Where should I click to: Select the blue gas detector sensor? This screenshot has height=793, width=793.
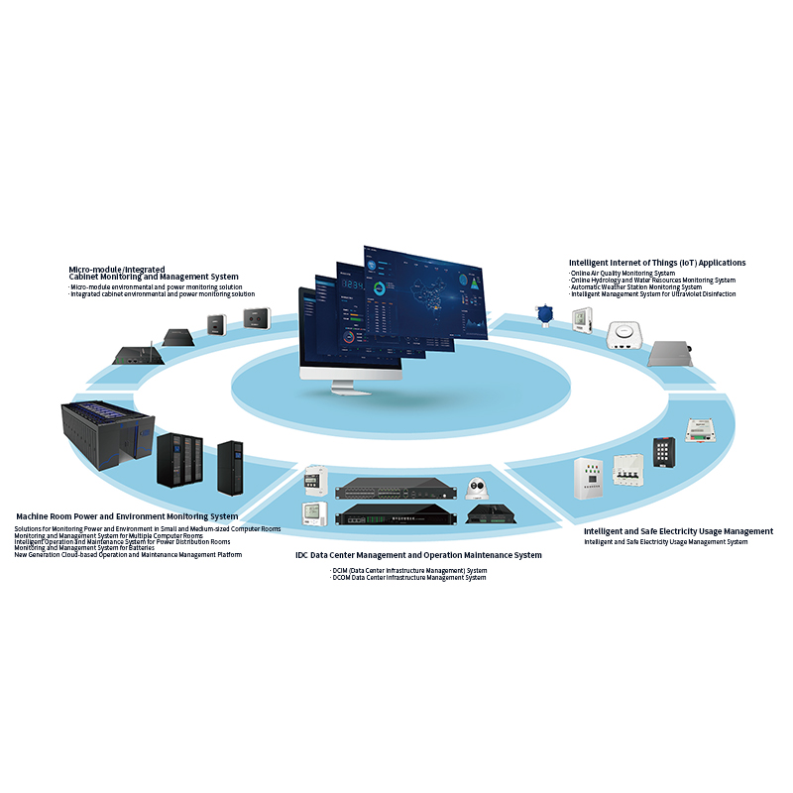click(543, 315)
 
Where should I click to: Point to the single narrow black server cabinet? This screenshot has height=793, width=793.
click(230, 468)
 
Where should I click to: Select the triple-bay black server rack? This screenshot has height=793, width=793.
click(179, 461)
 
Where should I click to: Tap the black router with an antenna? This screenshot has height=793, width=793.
click(133, 352)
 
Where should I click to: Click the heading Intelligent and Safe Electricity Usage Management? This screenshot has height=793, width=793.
click(678, 531)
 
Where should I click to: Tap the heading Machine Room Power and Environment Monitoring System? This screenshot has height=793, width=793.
click(127, 516)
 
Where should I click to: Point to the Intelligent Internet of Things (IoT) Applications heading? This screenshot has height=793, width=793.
click(657, 263)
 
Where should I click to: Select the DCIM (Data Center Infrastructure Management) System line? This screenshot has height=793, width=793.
click(408, 571)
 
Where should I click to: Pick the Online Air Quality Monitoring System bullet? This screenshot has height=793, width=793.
click(623, 273)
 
